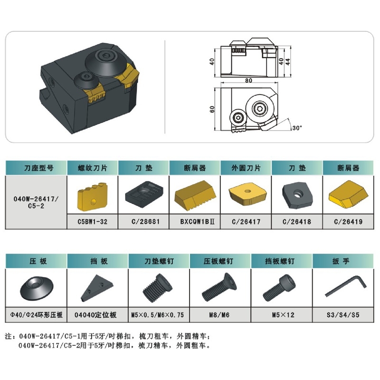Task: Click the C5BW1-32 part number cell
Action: pyautogui.click(x=92, y=221)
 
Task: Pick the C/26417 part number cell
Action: pyautogui.click(x=246, y=221)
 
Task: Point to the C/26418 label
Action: pyautogui.click(x=296, y=221)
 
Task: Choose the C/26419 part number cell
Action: pyautogui.click(x=348, y=221)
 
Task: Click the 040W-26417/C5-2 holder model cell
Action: pyautogui.click(x=36, y=202)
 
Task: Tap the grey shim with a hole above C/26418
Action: pyautogui.click(x=297, y=196)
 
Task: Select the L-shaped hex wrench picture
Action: pyautogui.click(x=346, y=285)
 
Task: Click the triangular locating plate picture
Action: pyautogui.click(x=97, y=288)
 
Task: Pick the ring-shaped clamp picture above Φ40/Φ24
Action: pyautogui.click(x=37, y=288)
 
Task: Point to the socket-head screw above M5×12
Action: pyautogui.click(x=279, y=288)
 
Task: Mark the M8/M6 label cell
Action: pyautogui.click(x=219, y=315)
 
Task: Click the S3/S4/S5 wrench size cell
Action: pyautogui.click(x=343, y=315)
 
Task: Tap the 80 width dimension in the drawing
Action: pyautogui.click(x=248, y=80)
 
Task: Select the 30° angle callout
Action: pyautogui.click(x=297, y=127)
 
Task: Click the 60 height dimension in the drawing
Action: pyautogui.click(x=212, y=109)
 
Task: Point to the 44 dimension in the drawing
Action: pyautogui.click(x=288, y=62)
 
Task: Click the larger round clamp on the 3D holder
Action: pyautogui.click(x=105, y=63)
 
